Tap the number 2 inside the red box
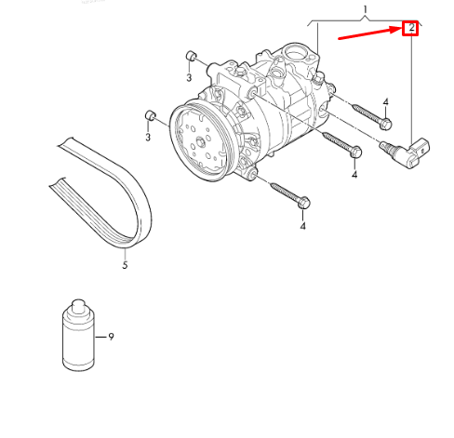[410, 28]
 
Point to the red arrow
[368, 34]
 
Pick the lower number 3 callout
[147, 138]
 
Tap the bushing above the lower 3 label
[148, 115]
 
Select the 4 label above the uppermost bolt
[385, 100]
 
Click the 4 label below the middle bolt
[354, 174]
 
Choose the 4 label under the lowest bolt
[302, 226]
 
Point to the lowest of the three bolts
[289, 194]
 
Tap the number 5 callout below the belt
[125, 265]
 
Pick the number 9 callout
[111, 336]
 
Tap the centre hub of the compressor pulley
[200, 143]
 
